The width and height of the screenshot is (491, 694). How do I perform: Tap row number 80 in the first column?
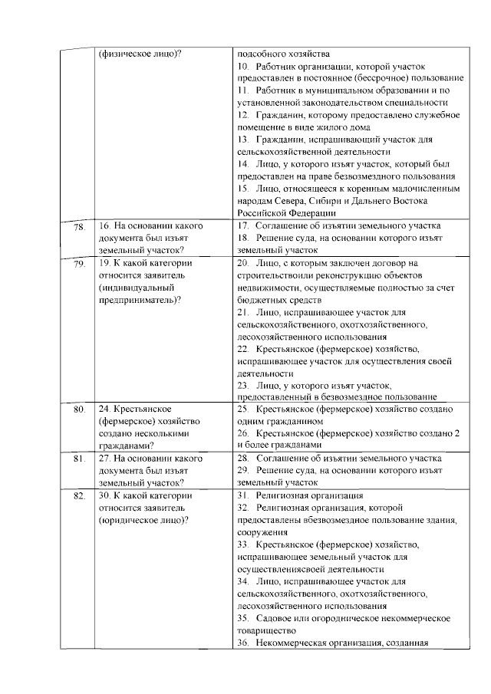pos(78,410)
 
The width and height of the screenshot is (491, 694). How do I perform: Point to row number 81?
pos(78,459)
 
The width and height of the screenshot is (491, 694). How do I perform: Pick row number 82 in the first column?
pos(78,496)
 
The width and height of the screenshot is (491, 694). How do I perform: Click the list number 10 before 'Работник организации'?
pos(243,67)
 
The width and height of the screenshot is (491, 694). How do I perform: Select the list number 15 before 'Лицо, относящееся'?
pos(243,189)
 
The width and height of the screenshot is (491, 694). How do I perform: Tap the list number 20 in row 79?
pos(243,262)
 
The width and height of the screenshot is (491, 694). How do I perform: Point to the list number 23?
pos(243,385)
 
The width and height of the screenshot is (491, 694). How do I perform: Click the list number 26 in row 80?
pos(243,434)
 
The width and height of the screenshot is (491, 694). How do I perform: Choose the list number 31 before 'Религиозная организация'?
pos(243,495)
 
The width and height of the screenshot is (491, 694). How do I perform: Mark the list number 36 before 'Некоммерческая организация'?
pos(243,643)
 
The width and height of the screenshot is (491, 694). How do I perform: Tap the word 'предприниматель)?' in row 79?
pos(140,299)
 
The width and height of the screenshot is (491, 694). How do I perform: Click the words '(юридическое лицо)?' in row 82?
pos(143,520)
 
